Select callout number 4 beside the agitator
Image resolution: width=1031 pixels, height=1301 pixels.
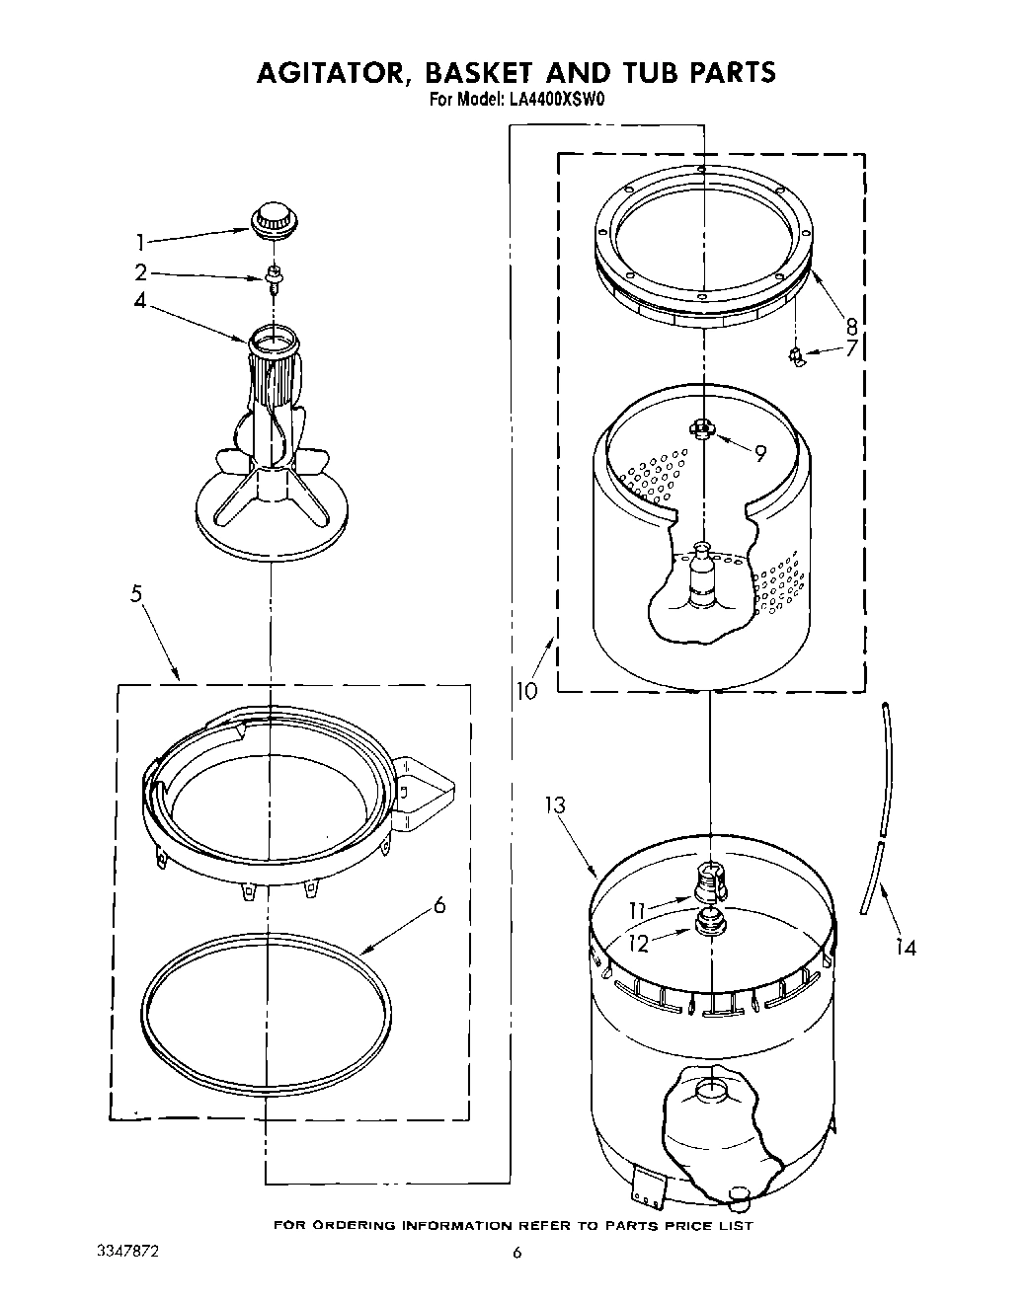tap(139, 300)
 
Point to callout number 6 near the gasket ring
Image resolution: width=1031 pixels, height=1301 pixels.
tap(439, 904)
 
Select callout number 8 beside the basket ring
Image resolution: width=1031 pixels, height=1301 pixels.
tap(850, 324)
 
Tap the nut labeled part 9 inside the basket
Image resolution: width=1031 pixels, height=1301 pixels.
tap(702, 427)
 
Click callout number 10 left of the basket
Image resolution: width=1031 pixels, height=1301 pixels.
tap(526, 691)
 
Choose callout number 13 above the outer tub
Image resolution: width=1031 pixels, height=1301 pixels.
tap(555, 805)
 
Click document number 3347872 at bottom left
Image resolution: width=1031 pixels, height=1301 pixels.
tap(126, 1251)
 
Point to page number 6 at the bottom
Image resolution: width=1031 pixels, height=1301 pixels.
tap(515, 1254)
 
